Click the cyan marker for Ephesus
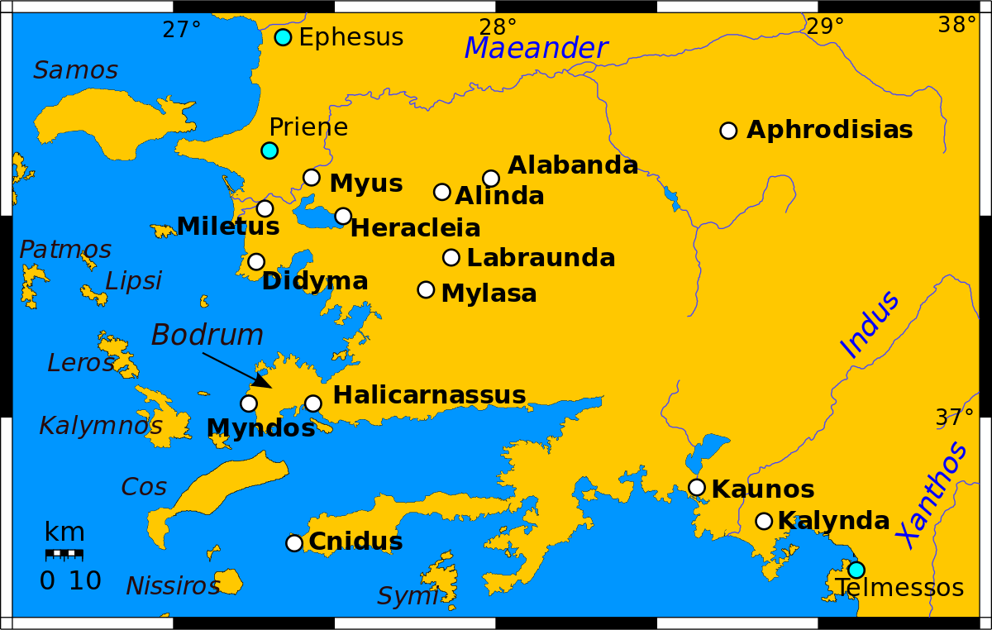283,37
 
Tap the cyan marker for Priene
269,150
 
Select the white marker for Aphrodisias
728,131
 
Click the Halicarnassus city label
429,395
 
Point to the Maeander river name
536,49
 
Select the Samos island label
75,71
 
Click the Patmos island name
65,250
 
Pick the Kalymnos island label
101,427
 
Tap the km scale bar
64,553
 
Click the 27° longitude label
182,31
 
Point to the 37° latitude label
954,418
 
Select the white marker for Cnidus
294,543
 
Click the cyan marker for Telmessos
856,570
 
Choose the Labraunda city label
541,258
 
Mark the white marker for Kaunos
697,488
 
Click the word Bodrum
207,336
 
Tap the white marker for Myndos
249,403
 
